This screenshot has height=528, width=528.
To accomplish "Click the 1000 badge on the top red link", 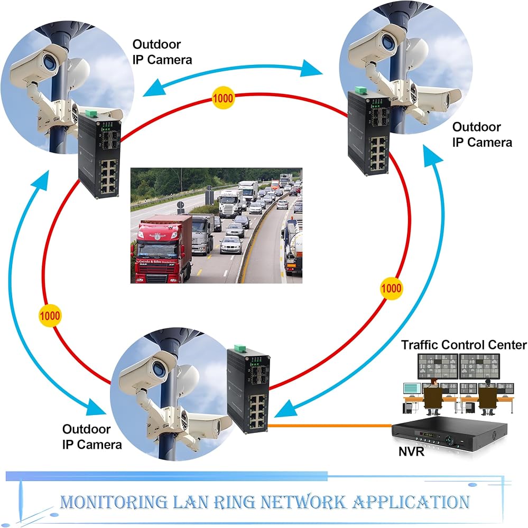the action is pyautogui.click(x=223, y=98).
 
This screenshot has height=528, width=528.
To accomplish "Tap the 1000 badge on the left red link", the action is pyautogui.click(x=50, y=316).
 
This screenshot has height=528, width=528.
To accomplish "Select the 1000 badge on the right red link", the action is pyautogui.click(x=391, y=288).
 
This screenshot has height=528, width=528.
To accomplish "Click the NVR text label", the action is pyautogui.click(x=411, y=451).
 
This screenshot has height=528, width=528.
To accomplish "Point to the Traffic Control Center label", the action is pyautogui.click(x=464, y=345).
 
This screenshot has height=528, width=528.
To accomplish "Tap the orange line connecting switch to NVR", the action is pyautogui.click(x=330, y=426).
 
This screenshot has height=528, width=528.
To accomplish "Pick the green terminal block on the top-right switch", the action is pyautogui.click(x=361, y=90).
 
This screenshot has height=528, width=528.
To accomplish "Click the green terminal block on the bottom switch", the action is pyautogui.click(x=240, y=348).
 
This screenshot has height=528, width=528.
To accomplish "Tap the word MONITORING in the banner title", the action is pyautogui.click(x=114, y=502).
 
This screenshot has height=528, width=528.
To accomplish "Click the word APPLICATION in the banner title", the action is pyautogui.click(x=411, y=502).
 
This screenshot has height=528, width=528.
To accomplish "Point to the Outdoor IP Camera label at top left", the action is pyautogui.click(x=162, y=52).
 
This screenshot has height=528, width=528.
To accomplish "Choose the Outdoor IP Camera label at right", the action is pyautogui.click(x=482, y=135).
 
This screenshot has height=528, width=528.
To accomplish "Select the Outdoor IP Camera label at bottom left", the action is pyautogui.click(x=92, y=437).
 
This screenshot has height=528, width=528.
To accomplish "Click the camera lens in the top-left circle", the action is pyautogui.click(x=51, y=62).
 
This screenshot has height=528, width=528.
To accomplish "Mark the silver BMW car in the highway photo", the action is pyautogui.click(x=231, y=245).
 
